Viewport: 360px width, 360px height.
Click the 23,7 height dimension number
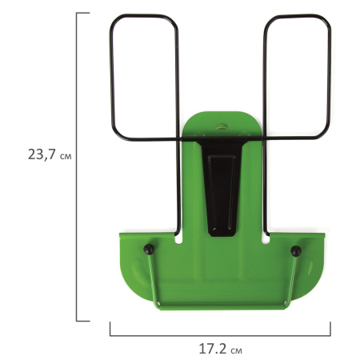(x=42, y=154)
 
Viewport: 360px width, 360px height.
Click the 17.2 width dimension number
(x=213, y=349)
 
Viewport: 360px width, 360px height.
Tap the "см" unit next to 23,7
(x=66, y=156)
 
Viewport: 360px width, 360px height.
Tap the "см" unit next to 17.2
(x=237, y=350)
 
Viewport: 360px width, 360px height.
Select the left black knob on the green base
(x=149, y=249)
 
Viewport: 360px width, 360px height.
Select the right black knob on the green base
(x=296, y=251)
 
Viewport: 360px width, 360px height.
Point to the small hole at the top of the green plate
(x=221, y=126)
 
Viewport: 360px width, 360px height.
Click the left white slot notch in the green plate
(x=178, y=238)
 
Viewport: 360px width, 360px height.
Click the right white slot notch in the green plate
(x=266, y=238)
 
